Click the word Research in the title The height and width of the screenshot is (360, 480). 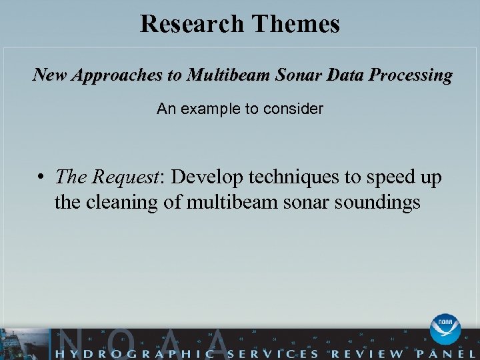192,24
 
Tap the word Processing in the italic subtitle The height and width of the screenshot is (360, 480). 411,75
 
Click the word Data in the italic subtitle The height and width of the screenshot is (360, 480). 343,75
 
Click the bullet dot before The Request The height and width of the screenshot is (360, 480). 41,177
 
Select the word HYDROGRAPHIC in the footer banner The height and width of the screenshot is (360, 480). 131,351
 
